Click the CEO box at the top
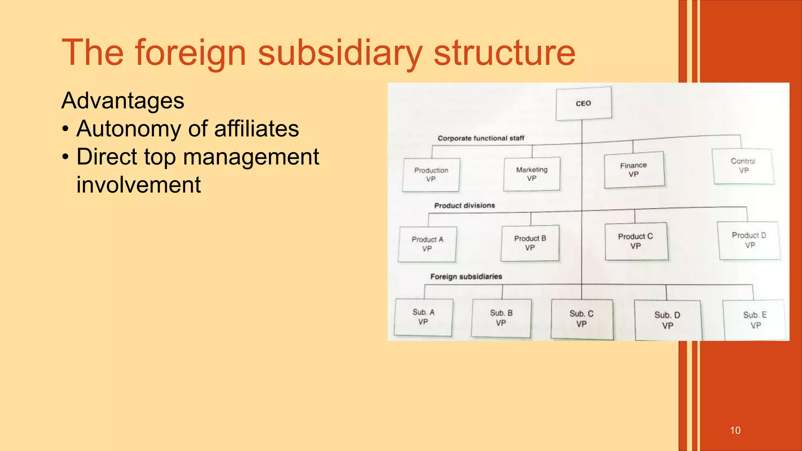[x=583, y=103]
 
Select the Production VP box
[x=431, y=175]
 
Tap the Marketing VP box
[x=531, y=174]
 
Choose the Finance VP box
[x=634, y=170]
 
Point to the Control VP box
[x=743, y=166]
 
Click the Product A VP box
[x=427, y=244]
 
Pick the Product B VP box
[x=530, y=243]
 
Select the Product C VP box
[x=636, y=241]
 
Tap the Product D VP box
[x=749, y=240]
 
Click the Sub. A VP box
[x=423, y=317]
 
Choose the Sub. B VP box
[x=501, y=318]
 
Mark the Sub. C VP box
[x=582, y=319]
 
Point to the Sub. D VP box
[x=667, y=320]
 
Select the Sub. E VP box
[x=755, y=320]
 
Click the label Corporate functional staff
[x=481, y=138]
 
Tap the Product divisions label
[x=464, y=206]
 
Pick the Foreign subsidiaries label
[x=466, y=276]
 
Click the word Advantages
[x=123, y=101]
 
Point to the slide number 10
[x=735, y=430]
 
